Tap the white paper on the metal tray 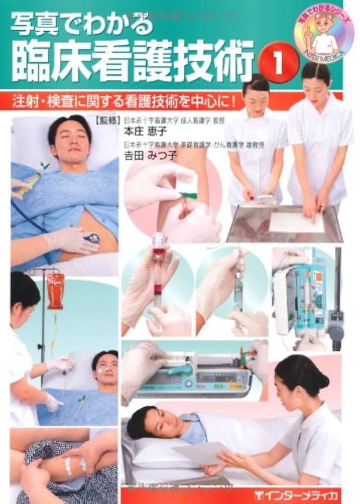point(296,222)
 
